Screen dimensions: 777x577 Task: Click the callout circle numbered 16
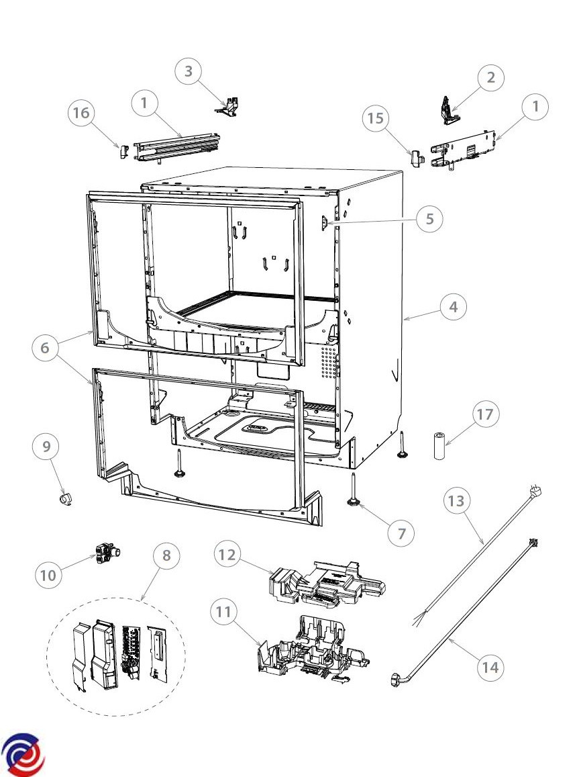(82, 113)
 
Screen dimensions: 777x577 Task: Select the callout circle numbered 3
(189, 72)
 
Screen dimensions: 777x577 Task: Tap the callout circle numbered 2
(491, 78)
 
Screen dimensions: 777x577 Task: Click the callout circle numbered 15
(377, 118)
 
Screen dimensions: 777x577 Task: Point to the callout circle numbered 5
(429, 218)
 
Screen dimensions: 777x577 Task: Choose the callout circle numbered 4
(454, 307)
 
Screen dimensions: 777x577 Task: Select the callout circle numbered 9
(46, 448)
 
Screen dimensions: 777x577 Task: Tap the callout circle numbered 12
(228, 554)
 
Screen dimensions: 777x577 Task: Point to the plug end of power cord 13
(535, 492)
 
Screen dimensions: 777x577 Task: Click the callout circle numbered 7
(402, 534)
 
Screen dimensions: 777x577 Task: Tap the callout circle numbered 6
(45, 349)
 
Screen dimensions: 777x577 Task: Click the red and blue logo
(23, 754)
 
